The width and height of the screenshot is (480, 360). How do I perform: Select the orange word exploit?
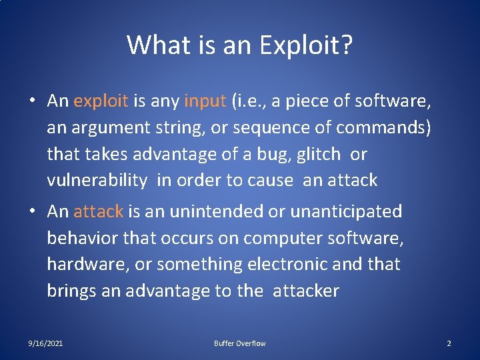pos(101,101)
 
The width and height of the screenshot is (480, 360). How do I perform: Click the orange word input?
pos(205,101)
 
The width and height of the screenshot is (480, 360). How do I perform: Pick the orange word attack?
pos(98,212)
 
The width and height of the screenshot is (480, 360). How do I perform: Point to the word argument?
pos(107,127)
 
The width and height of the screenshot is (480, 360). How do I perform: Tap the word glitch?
pos(318,154)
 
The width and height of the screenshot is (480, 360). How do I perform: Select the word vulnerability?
pos(97,181)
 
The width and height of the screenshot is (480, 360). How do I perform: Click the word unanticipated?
pos(347,212)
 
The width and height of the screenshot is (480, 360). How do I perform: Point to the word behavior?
pos(78,238)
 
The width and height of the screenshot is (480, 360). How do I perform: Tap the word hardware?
pos(86,265)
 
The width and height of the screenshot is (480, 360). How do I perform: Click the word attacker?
pos(306,291)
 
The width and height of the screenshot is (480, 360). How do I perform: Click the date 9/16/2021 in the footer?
pos(46,343)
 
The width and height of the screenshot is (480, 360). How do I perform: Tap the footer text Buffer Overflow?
pos(239,343)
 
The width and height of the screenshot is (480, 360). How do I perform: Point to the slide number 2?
pos(449,343)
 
